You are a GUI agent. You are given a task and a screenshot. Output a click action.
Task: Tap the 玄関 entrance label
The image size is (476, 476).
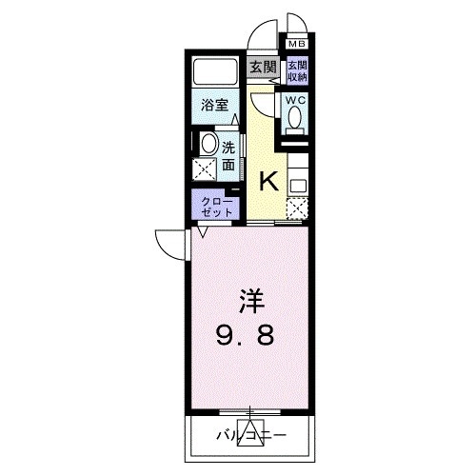[x=264, y=67]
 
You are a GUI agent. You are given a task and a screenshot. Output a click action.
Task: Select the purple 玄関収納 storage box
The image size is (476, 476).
[x=298, y=71]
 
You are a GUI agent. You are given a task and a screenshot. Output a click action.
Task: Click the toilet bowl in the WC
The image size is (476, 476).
[x=295, y=118]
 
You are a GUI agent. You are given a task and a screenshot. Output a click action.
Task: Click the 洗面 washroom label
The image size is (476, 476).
[x=229, y=156]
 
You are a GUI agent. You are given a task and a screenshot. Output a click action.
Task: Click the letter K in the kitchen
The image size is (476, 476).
[x=269, y=180]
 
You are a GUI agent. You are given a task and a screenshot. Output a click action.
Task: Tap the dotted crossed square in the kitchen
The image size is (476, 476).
[x=298, y=208]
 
